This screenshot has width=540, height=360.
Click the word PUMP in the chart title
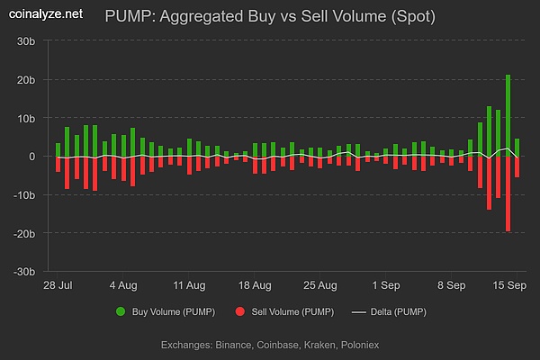point(125,15)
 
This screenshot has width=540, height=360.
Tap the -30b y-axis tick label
point(22,272)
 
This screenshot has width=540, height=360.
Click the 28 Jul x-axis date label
point(58,285)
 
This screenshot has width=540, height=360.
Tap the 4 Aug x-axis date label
point(123,285)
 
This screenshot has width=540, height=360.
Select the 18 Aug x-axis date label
point(255,285)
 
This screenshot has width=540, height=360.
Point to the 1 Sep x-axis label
point(387,285)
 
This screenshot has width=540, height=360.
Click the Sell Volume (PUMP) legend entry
point(284,311)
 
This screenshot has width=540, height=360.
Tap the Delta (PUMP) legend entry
point(388,311)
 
